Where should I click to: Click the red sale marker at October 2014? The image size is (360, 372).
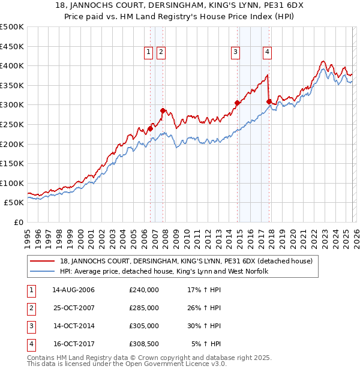pos(238,103)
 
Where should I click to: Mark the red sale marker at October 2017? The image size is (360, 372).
pos(269,101)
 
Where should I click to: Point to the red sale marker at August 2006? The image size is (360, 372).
pos(151,128)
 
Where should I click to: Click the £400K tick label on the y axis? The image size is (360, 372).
pos(12,65)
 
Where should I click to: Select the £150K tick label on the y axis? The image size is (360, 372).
pos(12,163)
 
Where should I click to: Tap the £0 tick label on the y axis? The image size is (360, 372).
pos(19,222)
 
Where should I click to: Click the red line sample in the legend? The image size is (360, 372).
pos(43,261)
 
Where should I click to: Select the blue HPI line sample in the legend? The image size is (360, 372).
pos(43,272)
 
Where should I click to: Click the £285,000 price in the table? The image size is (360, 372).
pos(144,308)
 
